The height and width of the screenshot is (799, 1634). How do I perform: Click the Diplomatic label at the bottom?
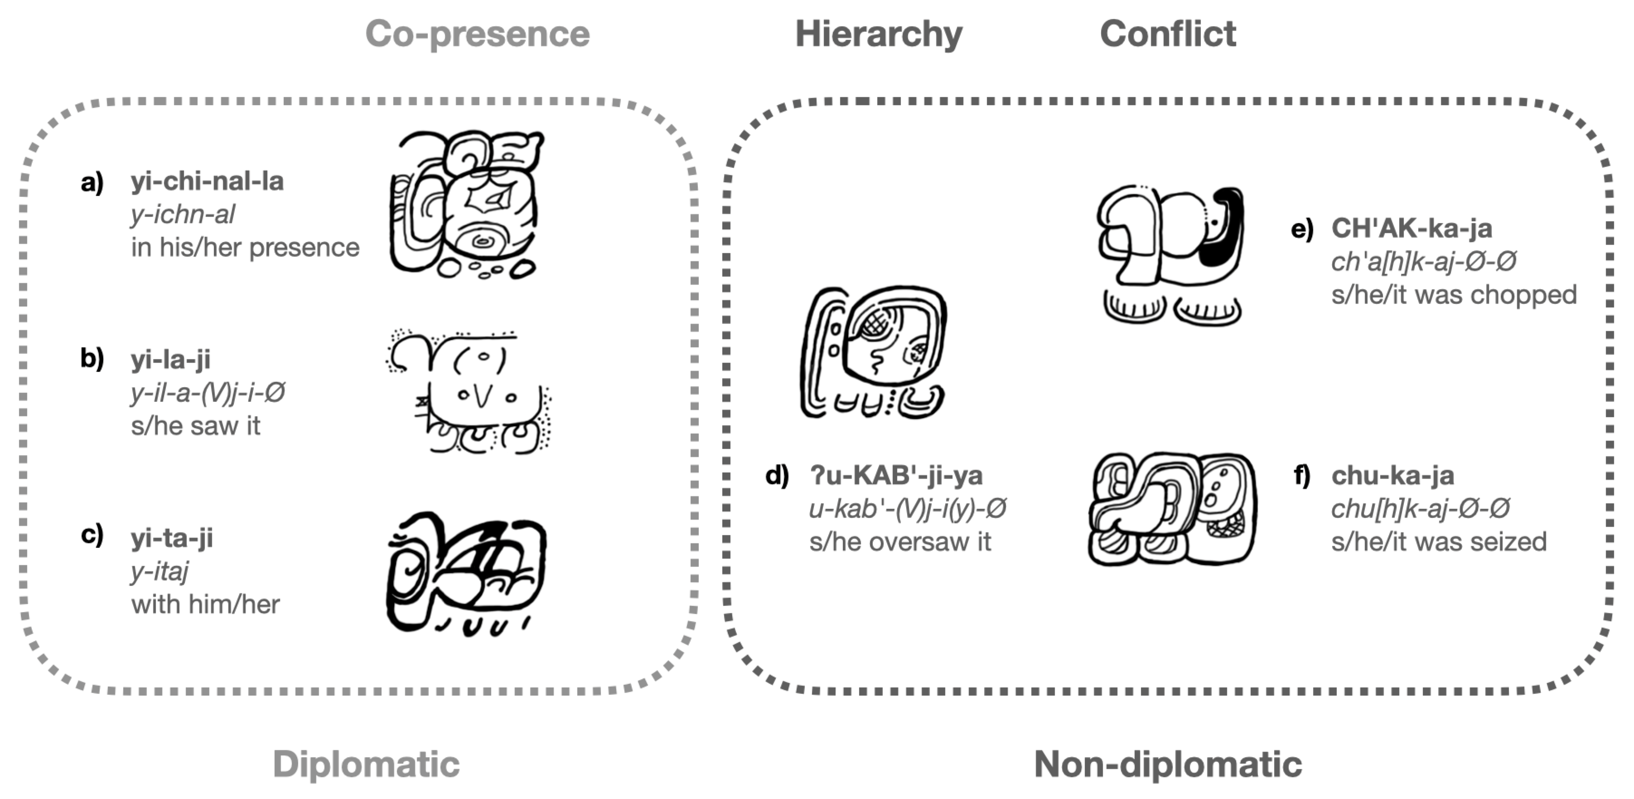pos(366,764)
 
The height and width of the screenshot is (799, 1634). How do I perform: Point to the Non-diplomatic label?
pos(1168,764)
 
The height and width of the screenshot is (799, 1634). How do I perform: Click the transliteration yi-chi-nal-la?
pos(207,181)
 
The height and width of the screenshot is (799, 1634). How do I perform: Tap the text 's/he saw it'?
pos(195,426)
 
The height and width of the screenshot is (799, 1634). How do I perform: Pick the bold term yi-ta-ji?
pos(171,538)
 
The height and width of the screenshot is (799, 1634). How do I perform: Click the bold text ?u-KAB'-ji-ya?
pos(896,475)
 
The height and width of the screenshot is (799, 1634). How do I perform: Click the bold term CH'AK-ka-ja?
pos(1412,229)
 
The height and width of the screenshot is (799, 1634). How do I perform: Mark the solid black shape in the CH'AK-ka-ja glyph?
pos(1228,229)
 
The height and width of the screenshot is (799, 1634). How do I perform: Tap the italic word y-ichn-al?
pos(183,214)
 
